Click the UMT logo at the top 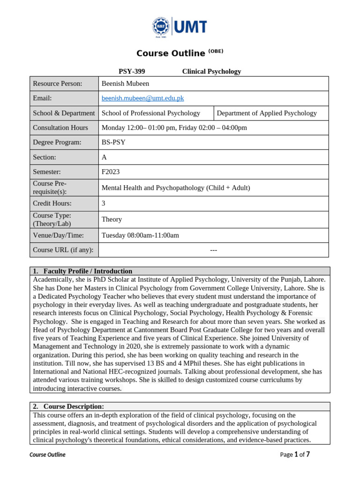(x=180, y=27)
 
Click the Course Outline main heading (x=171, y=53)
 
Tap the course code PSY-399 (x=132, y=72)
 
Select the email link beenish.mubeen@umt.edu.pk (x=142, y=98)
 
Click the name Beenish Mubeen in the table (x=125, y=83)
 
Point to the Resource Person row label (x=57, y=83)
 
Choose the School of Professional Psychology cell (x=150, y=113)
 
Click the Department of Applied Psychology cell (x=267, y=113)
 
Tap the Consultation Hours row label (x=60, y=127)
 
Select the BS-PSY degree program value (x=113, y=142)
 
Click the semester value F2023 (x=111, y=172)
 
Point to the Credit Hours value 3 (x=104, y=203)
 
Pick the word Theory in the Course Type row (x=112, y=219)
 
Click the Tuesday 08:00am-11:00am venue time (x=140, y=235)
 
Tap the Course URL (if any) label (x=63, y=250)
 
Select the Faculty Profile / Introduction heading (x=88, y=271)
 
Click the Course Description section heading (x=74, y=406)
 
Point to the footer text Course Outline (x=47, y=455)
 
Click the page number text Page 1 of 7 (x=295, y=454)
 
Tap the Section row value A (x=104, y=157)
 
